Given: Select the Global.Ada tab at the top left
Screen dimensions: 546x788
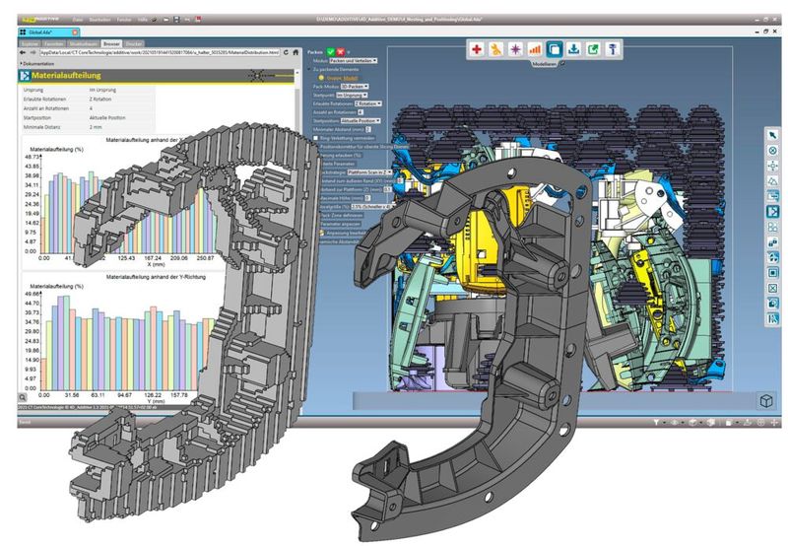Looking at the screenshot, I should [x=41, y=31].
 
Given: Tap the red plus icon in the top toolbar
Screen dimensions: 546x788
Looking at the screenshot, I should [x=477, y=47].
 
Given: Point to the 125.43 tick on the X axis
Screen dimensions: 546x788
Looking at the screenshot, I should [x=126, y=257].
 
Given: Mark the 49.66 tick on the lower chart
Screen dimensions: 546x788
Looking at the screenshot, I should [x=30, y=294].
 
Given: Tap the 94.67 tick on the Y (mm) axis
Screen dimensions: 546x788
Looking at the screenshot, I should [x=126, y=394].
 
